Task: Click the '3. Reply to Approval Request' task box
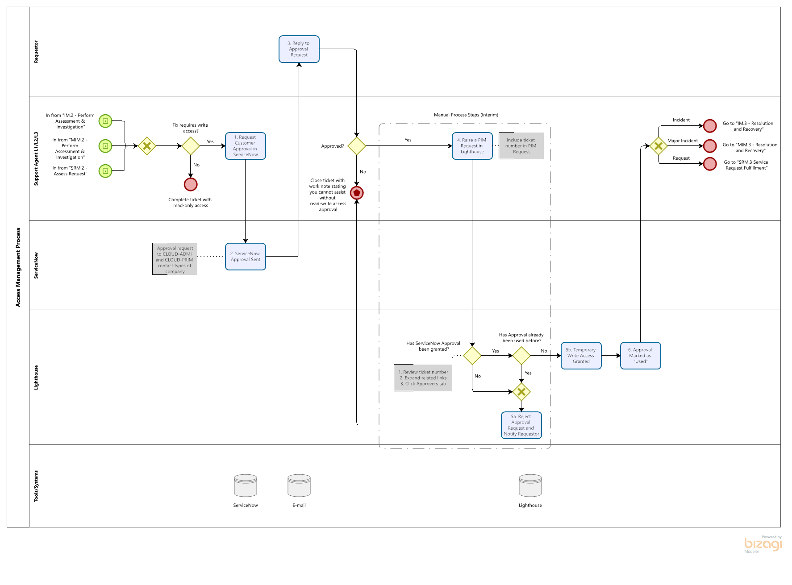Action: [x=299, y=49]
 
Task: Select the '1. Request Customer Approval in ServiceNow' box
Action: [x=245, y=146]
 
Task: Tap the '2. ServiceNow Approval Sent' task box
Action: [x=245, y=257]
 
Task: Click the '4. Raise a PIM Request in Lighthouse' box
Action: [x=472, y=146]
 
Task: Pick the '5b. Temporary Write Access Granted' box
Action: [x=581, y=356]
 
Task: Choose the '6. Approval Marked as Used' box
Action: [x=640, y=356]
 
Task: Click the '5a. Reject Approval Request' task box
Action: [x=521, y=425]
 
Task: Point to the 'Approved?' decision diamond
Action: [x=357, y=146]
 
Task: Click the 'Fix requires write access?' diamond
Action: [x=191, y=146]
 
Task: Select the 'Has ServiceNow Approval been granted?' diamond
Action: [x=472, y=356]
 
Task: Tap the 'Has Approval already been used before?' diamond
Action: [x=521, y=356]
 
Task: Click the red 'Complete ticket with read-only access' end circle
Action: [x=191, y=184]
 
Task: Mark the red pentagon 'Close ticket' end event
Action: [x=357, y=193]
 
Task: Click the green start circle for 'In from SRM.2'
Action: [x=105, y=171]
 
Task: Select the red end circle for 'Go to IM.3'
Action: [x=710, y=126]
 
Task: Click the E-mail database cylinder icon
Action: [x=299, y=485]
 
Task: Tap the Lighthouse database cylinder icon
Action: [x=530, y=485]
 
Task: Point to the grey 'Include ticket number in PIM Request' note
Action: [x=521, y=146]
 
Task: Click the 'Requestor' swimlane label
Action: [x=36, y=52]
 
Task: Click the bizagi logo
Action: [x=763, y=544]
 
